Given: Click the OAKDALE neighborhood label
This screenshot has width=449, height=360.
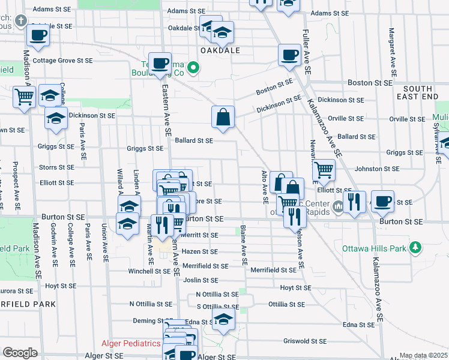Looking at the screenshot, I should (x=220, y=50).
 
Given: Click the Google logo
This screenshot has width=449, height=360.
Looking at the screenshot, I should (x=20, y=353).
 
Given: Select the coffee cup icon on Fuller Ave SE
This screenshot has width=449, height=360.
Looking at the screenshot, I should (x=289, y=55).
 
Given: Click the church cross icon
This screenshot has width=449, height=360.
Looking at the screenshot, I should (x=22, y=22).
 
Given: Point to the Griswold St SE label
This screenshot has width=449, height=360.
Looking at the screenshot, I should (x=305, y=341).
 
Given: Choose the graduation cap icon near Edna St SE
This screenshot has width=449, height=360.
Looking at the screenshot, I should (x=223, y=320).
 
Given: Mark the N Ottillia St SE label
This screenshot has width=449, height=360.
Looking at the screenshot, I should (x=217, y=294).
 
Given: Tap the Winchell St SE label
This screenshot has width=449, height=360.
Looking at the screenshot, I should (x=149, y=271).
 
